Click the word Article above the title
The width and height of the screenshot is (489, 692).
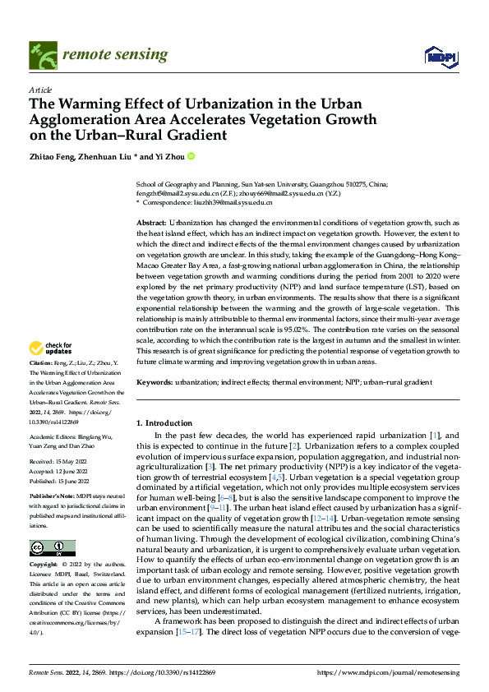point(40,90)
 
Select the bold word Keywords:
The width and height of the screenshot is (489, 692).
point(155,382)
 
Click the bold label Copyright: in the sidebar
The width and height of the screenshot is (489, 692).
point(44,565)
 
